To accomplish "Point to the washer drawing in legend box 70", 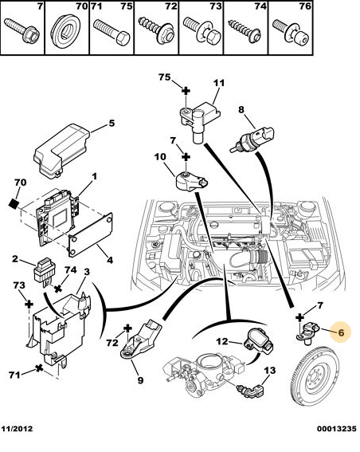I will [65, 35].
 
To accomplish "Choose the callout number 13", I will [270, 370].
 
